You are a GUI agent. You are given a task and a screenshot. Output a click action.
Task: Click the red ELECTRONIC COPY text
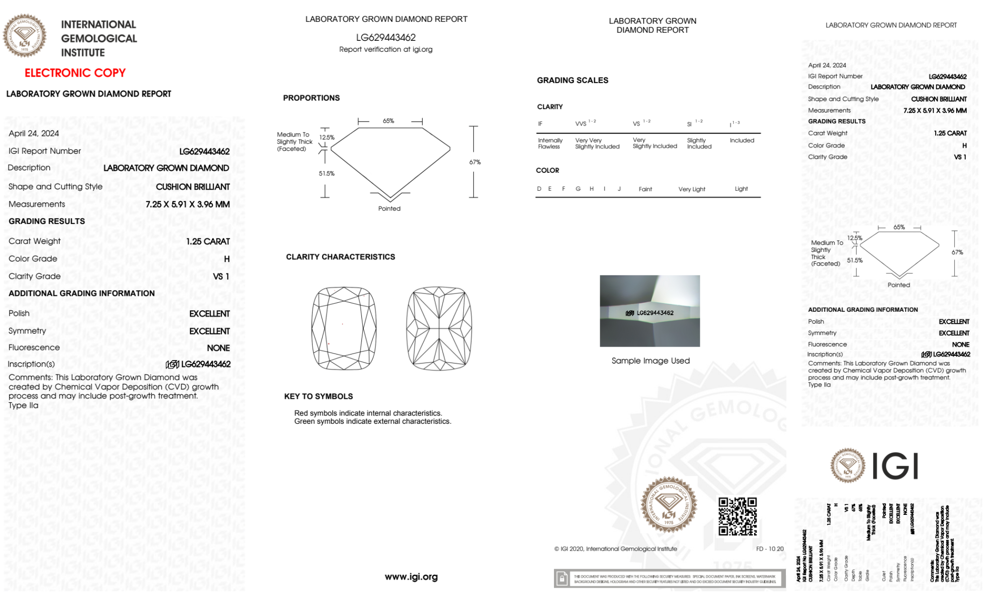[x=75, y=73]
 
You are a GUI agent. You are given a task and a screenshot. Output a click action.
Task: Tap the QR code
[x=737, y=516]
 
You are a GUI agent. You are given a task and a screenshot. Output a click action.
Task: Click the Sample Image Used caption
[x=651, y=361]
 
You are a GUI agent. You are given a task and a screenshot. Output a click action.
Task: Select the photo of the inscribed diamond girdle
[x=650, y=311]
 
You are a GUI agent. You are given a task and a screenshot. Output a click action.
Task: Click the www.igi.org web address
[x=411, y=577]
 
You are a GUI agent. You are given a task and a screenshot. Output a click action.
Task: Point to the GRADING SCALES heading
[x=572, y=81]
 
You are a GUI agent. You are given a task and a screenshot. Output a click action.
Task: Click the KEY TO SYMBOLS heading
[x=319, y=397]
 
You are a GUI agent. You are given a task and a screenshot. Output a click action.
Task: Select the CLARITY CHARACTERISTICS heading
[x=340, y=257]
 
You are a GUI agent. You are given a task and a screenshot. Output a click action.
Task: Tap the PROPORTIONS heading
[x=312, y=98]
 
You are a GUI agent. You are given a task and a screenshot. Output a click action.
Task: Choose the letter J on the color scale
[x=619, y=189]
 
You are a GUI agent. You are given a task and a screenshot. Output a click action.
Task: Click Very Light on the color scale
[x=692, y=189]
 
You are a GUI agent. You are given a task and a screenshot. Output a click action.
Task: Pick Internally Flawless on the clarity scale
[x=550, y=144]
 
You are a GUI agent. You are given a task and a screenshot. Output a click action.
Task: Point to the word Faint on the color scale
[x=645, y=189]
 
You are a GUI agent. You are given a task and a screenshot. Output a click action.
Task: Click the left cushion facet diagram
[x=344, y=328]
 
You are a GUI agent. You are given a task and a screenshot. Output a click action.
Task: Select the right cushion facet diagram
[x=439, y=328]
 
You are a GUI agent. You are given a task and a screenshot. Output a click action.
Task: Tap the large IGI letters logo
[x=895, y=467]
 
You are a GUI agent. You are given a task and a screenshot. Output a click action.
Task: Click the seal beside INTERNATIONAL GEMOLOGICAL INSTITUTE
[x=24, y=36]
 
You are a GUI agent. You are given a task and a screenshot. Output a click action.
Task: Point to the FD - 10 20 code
[x=770, y=549]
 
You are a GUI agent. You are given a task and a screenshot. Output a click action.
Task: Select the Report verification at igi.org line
[x=386, y=50]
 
